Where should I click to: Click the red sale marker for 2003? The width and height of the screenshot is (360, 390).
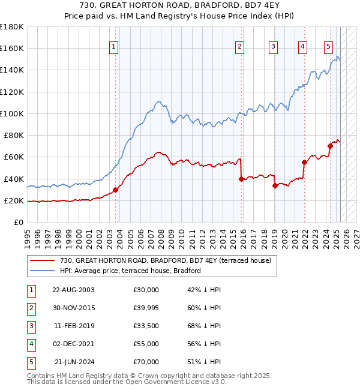pos(115,190)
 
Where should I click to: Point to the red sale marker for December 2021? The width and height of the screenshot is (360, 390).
pos(304,162)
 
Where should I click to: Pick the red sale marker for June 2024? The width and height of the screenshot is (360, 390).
pos(330,146)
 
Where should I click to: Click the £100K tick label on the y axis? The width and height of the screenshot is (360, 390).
pos(12,113)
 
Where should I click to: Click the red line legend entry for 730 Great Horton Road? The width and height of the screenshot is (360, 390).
pos(166,260)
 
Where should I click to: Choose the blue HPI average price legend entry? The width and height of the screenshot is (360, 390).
pos(130,271)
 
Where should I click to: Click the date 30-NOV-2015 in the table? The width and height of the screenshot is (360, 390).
pos(73,308)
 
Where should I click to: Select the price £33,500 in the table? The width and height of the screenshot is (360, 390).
pos(146,326)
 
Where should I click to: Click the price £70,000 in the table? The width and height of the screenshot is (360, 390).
pos(146,362)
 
